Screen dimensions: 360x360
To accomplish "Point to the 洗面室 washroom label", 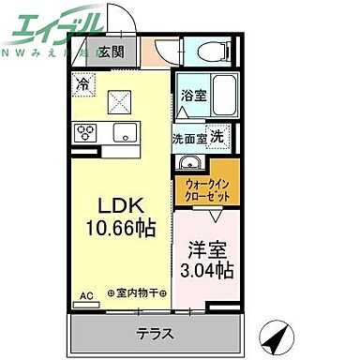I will click(188, 137).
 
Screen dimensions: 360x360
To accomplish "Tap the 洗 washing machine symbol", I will click(217, 136).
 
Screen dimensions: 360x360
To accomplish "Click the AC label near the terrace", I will click(86, 296).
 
